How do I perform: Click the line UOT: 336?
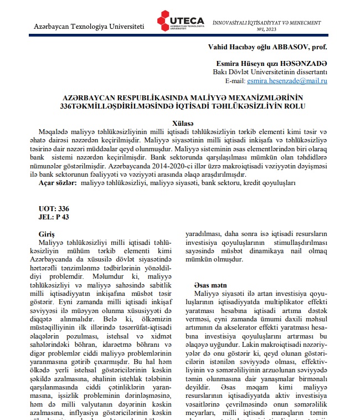[x=54, y=209]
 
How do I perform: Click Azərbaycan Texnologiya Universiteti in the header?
[x=89, y=27]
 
